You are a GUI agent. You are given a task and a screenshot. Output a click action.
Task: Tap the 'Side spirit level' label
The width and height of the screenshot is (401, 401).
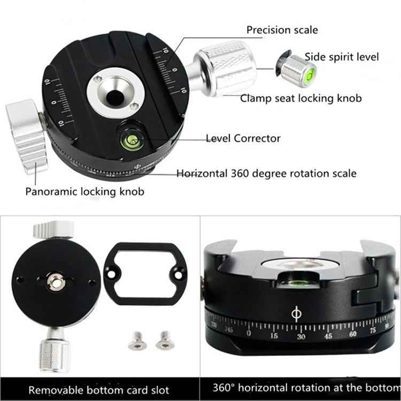coord(342,57)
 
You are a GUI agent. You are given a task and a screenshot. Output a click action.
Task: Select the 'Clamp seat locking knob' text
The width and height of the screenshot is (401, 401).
coord(300,98)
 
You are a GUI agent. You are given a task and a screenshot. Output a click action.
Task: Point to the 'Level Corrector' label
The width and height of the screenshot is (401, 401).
coord(243,138)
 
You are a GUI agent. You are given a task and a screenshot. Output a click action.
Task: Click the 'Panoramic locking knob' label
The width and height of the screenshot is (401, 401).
coord(84,191)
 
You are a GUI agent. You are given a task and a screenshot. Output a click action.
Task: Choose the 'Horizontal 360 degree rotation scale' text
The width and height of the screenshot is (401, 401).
coord(266,173)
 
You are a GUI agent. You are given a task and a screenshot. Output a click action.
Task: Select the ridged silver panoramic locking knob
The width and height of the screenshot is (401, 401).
coord(27,136)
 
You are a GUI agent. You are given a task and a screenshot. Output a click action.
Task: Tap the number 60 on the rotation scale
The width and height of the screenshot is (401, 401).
coord(353,335)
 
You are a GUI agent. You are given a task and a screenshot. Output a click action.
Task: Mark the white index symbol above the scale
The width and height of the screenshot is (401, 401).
coord(296,314)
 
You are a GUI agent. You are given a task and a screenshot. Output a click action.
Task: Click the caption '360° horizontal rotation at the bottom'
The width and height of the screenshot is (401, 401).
coord(302,389)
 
